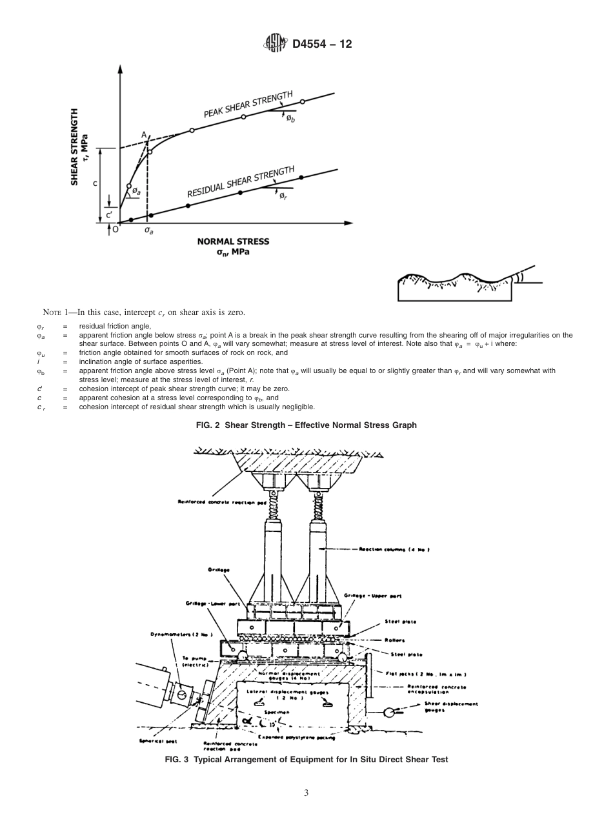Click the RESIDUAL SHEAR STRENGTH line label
click(x=240, y=184)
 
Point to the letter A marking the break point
click(x=144, y=134)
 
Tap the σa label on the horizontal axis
click(x=148, y=230)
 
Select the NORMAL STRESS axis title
click(x=233, y=241)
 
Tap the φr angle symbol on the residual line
click(x=283, y=196)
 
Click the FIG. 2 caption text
click(x=306, y=425)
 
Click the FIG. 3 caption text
click(x=306, y=760)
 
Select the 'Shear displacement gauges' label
click(x=451, y=706)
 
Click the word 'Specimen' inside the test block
click(x=281, y=710)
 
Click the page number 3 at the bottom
click(x=306, y=793)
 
